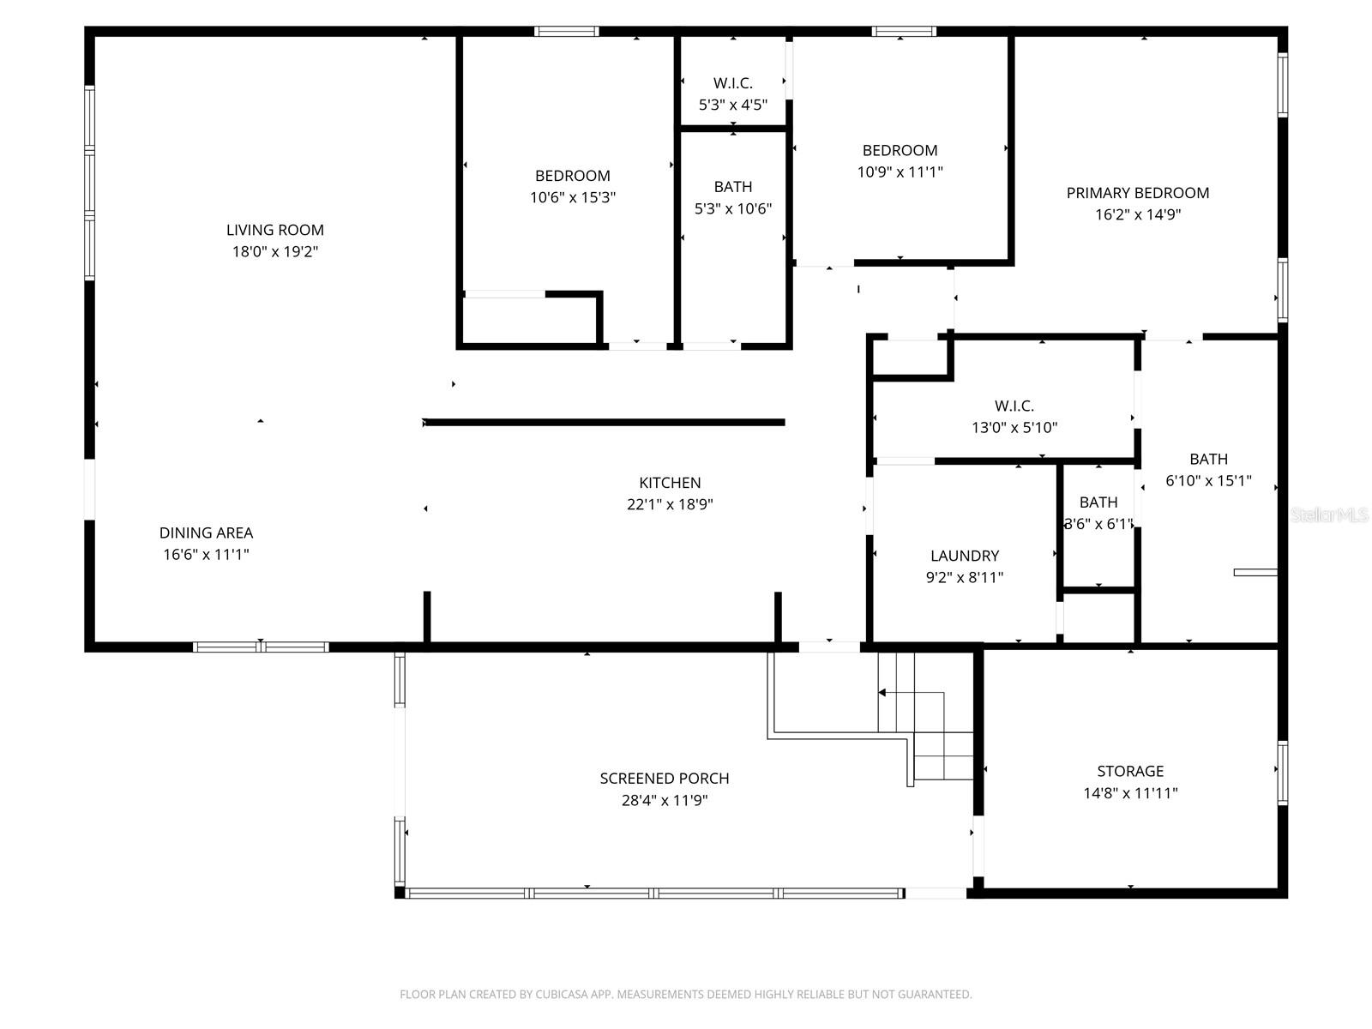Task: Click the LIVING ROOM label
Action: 274,230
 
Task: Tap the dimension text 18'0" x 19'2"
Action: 274,252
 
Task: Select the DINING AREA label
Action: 206,533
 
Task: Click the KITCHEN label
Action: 670,483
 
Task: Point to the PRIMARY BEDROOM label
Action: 1137,193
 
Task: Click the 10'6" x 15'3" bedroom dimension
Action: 572,198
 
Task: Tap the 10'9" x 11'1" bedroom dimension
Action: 900,172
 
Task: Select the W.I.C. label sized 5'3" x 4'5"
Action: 732,83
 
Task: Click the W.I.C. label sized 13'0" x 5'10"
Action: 1014,406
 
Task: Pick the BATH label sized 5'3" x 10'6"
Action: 732,187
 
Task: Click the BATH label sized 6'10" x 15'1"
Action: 1208,459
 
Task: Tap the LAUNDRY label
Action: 964,556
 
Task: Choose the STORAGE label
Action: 1130,771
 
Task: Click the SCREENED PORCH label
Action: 664,779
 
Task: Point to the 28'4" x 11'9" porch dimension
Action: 664,801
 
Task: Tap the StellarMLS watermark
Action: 1328,514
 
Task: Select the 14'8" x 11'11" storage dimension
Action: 1130,793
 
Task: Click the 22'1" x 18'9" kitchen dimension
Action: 670,505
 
